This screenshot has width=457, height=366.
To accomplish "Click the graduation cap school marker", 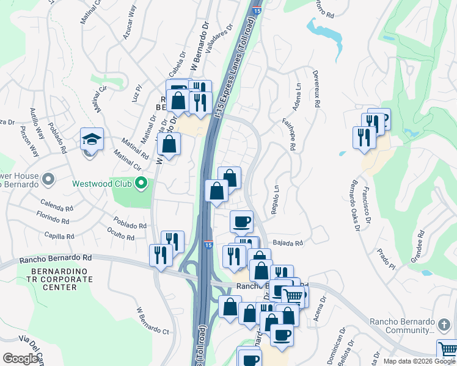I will point(92,140).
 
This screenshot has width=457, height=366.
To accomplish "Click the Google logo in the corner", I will point(20,359).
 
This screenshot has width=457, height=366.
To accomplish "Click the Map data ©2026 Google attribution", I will point(419,361).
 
